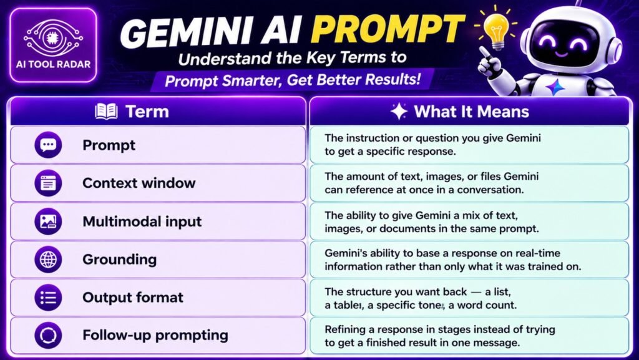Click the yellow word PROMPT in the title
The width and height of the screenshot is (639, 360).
pos(388,30)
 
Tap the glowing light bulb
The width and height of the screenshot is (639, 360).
pos(496,29)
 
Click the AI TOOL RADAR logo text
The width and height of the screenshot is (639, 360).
pos(54,64)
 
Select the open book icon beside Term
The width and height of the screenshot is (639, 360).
pos(106,111)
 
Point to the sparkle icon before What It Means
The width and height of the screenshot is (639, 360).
pos(399,112)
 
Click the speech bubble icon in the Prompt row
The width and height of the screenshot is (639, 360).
pos(48,145)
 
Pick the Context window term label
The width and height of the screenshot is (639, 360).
pos(139,183)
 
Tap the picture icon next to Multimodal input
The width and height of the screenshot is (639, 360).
pos(48,221)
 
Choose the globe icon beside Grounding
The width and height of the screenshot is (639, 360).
pos(48,260)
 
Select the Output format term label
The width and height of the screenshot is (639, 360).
pos(133,297)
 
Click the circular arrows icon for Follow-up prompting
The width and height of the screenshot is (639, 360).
pos(48,336)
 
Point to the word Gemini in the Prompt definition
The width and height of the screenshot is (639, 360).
pos(524,138)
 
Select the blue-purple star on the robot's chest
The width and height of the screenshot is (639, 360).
pos(555,87)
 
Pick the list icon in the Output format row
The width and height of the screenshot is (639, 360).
pos(48,297)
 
